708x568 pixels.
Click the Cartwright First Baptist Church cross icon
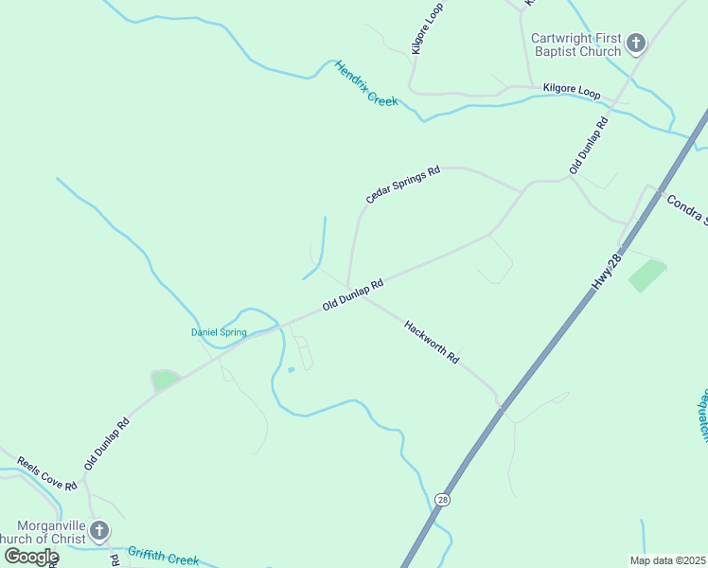(x=636, y=44)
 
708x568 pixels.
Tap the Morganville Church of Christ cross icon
(x=99, y=531)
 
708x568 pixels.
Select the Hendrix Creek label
(x=365, y=83)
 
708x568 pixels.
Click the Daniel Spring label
(x=219, y=332)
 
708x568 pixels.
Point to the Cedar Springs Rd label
(x=404, y=185)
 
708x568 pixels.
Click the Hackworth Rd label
(x=431, y=343)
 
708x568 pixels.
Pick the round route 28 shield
(x=442, y=499)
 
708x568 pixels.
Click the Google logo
(x=30, y=557)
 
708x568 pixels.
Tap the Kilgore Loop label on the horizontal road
(x=572, y=92)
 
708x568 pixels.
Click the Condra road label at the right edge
(x=686, y=209)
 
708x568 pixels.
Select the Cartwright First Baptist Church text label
(x=575, y=44)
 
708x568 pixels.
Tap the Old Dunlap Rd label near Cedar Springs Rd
(x=352, y=295)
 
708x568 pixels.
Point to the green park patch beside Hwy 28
(x=647, y=275)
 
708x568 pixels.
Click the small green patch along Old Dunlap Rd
(x=165, y=381)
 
